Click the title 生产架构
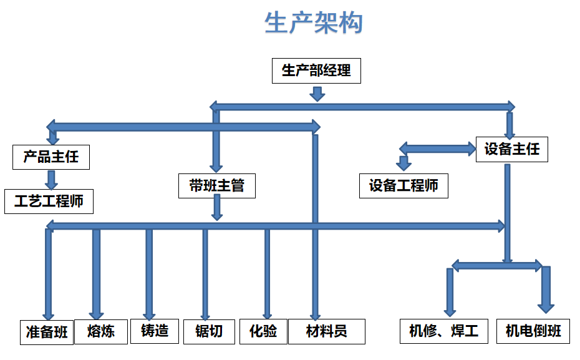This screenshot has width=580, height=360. (313, 24)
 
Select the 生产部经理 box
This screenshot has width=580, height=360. (317, 70)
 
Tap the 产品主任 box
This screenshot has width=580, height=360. (51, 156)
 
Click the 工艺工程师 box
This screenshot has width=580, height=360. (49, 202)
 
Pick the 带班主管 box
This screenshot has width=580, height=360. (216, 185)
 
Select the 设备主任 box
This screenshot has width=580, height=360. (512, 150)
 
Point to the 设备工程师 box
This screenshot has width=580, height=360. (404, 185)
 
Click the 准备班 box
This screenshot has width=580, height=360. (46, 331)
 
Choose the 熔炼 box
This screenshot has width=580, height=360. (102, 331)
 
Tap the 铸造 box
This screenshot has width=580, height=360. (155, 331)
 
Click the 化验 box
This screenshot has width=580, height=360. (263, 331)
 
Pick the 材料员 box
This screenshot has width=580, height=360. (326, 331)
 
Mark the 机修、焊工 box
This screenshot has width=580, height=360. (443, 331)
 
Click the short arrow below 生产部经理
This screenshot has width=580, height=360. (317, 94)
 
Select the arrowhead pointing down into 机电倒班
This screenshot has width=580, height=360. (546, 304)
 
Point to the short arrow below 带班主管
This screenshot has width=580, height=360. (216, 208)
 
